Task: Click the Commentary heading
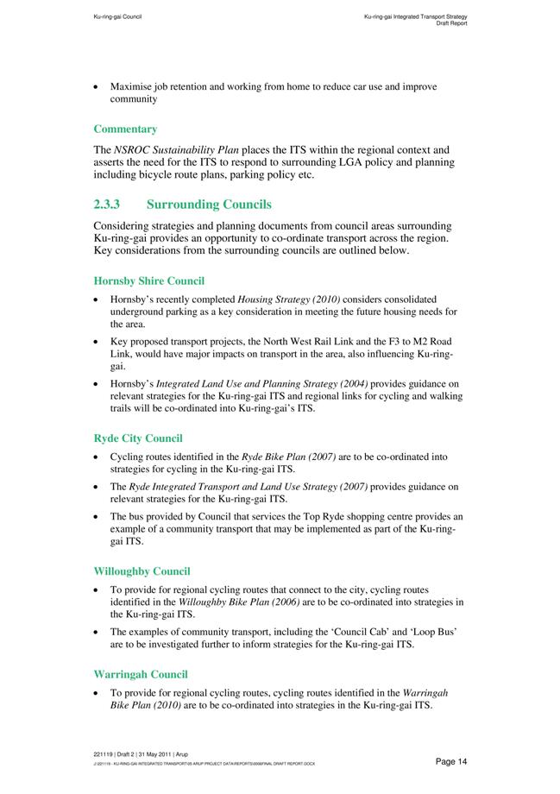pos(125,129)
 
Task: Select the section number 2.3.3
pos(110,205)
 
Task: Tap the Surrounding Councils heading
pos(209,205)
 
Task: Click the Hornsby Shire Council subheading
pos(148,280)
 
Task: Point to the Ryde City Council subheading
pos(137,438)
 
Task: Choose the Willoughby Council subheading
pos(142,571)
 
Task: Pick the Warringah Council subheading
pos(140,674)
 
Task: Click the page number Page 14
pos(451,761)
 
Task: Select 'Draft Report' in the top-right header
pos(452,23)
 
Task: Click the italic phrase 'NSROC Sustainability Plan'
pos(188,150)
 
